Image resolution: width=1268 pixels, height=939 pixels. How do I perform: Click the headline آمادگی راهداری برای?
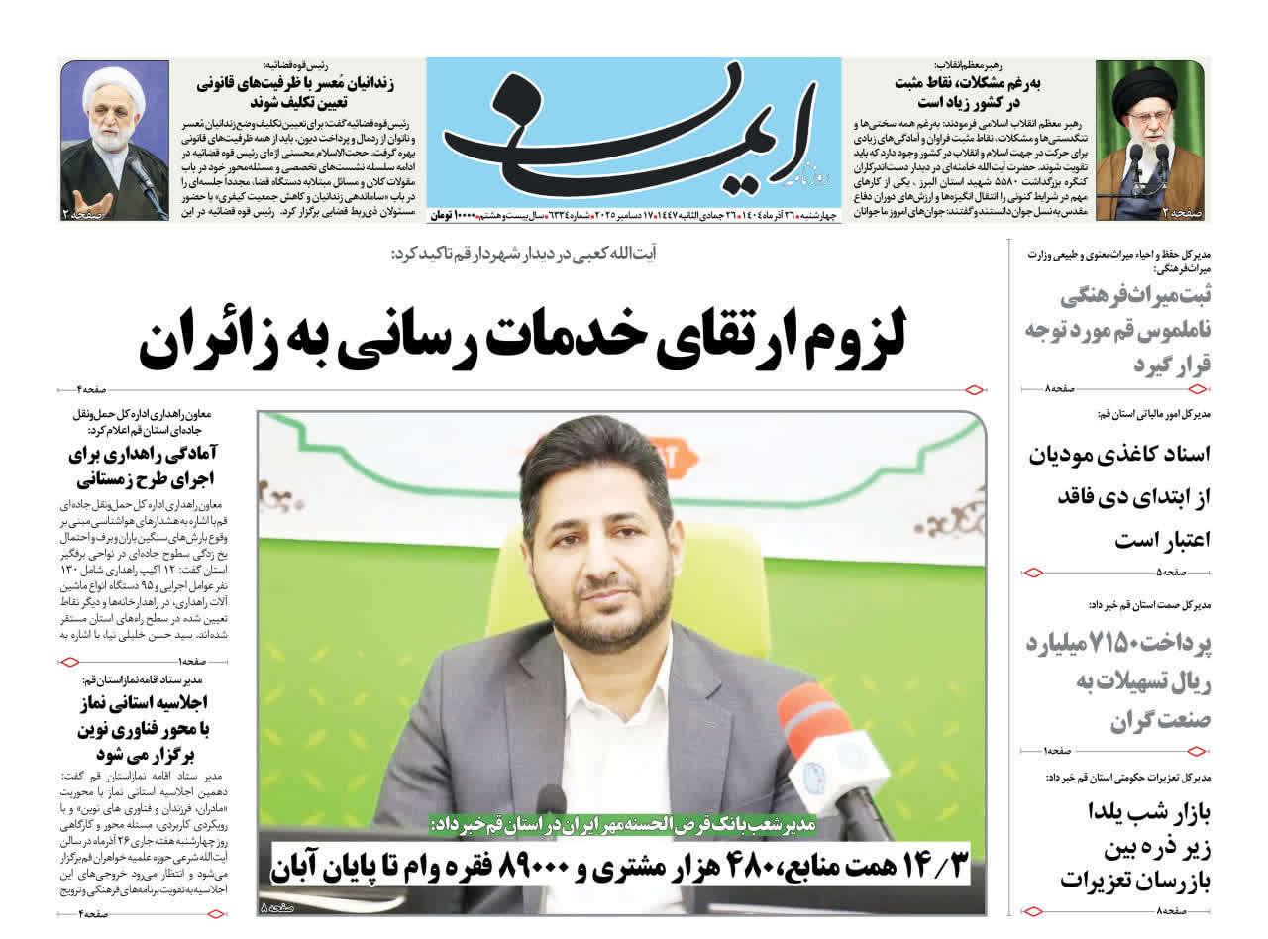pos(144,455)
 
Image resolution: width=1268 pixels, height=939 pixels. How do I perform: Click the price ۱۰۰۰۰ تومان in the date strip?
pos(453,215)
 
